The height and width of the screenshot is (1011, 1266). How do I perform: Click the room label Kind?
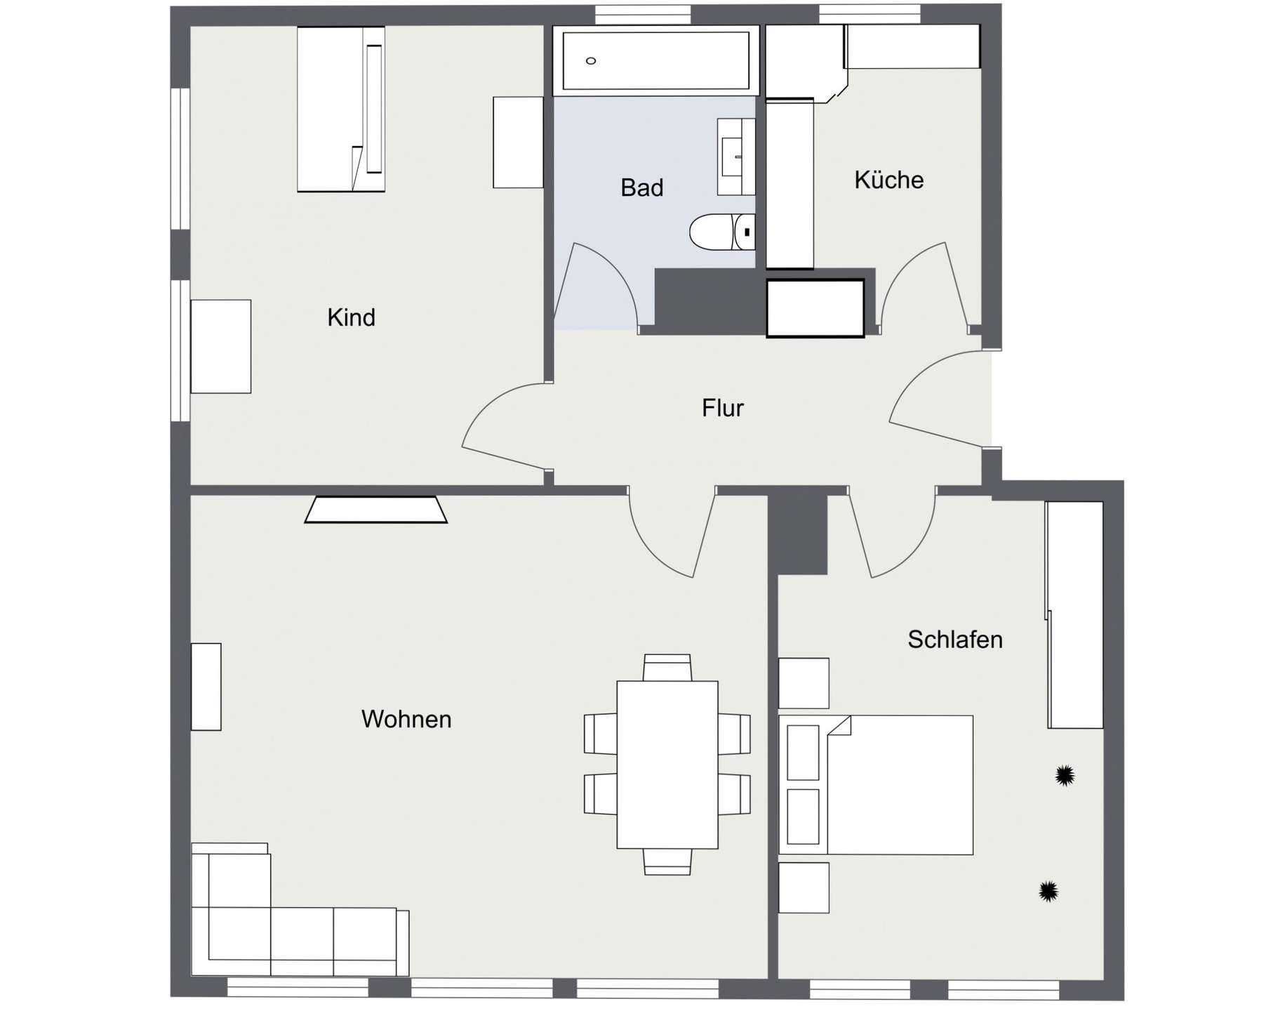pos(351,317)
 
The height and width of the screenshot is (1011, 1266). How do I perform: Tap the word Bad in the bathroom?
pos(641,187)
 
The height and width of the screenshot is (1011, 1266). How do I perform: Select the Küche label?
pos(888,180)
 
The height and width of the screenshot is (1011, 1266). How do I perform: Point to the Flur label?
pos(722,408)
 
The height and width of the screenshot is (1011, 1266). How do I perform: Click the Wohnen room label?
pos(406,719)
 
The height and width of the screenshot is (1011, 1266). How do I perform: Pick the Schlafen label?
pos(954,640)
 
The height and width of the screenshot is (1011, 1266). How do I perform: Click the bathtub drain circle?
pos(591,61)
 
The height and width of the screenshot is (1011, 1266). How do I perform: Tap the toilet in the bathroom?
pos(721,232)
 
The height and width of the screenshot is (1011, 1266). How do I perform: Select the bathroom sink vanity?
pos(735,157)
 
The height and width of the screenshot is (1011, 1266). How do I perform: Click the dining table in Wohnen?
pos(667,765)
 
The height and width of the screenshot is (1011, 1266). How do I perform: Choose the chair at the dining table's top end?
pos(667,668)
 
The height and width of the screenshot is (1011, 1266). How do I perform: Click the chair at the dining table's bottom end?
pos(667,861)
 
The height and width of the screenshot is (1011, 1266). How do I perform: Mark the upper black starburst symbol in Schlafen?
pos(1065,775)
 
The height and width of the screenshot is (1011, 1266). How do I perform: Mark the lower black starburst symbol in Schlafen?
pos(1048,891)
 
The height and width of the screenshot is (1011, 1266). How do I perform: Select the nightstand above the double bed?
pos(804,683)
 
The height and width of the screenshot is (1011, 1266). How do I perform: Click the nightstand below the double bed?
pos(804,887)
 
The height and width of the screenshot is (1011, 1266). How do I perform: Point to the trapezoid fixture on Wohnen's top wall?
pos(375,510)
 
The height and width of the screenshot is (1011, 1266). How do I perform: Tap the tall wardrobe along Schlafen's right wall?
pos(1075,615)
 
